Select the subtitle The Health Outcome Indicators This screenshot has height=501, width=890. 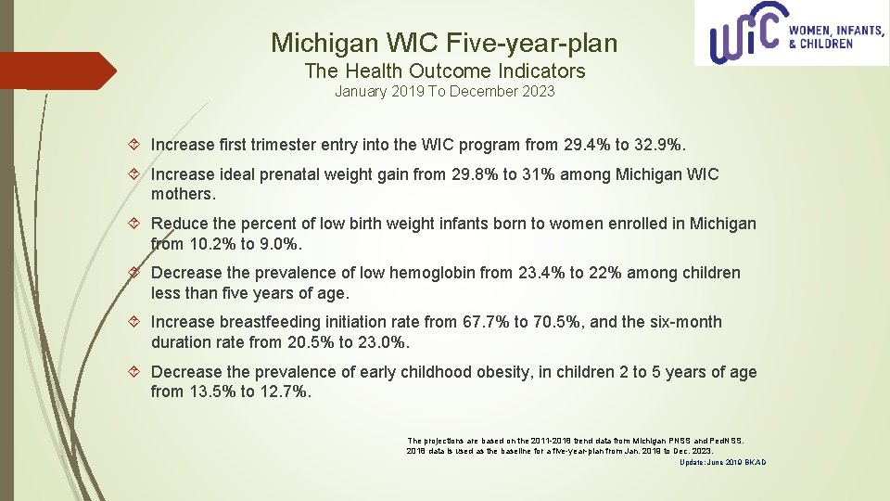point(445,71)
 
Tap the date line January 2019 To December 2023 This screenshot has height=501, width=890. point(445,91)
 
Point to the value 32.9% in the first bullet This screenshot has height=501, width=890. point(659,145)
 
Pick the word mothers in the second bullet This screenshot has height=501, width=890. point(182,195)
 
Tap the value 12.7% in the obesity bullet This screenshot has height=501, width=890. point(285,392)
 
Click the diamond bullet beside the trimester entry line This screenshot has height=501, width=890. point(135,146)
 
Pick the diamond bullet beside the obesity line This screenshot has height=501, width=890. point(135,372)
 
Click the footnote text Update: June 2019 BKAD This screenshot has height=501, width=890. point(723,462)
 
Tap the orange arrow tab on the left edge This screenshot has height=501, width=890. point(56,71)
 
